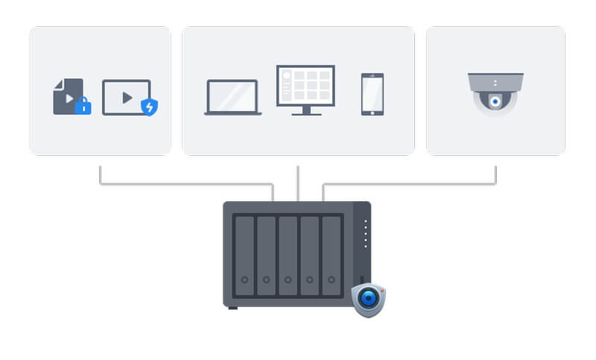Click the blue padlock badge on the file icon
tap(83, 107)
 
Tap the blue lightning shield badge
tap(150, 107)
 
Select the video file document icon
tap(66, 95)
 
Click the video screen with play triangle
tap(125, 97)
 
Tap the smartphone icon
tap(372, 94)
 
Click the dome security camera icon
tap(495, 93)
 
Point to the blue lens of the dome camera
tap(495, 101)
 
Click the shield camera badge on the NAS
tap(368, 299)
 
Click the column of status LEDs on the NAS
tap(365, 234)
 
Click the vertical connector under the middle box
tap(298, 183)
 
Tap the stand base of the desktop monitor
tap(305, 113)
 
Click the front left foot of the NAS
tap(232, 308)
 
